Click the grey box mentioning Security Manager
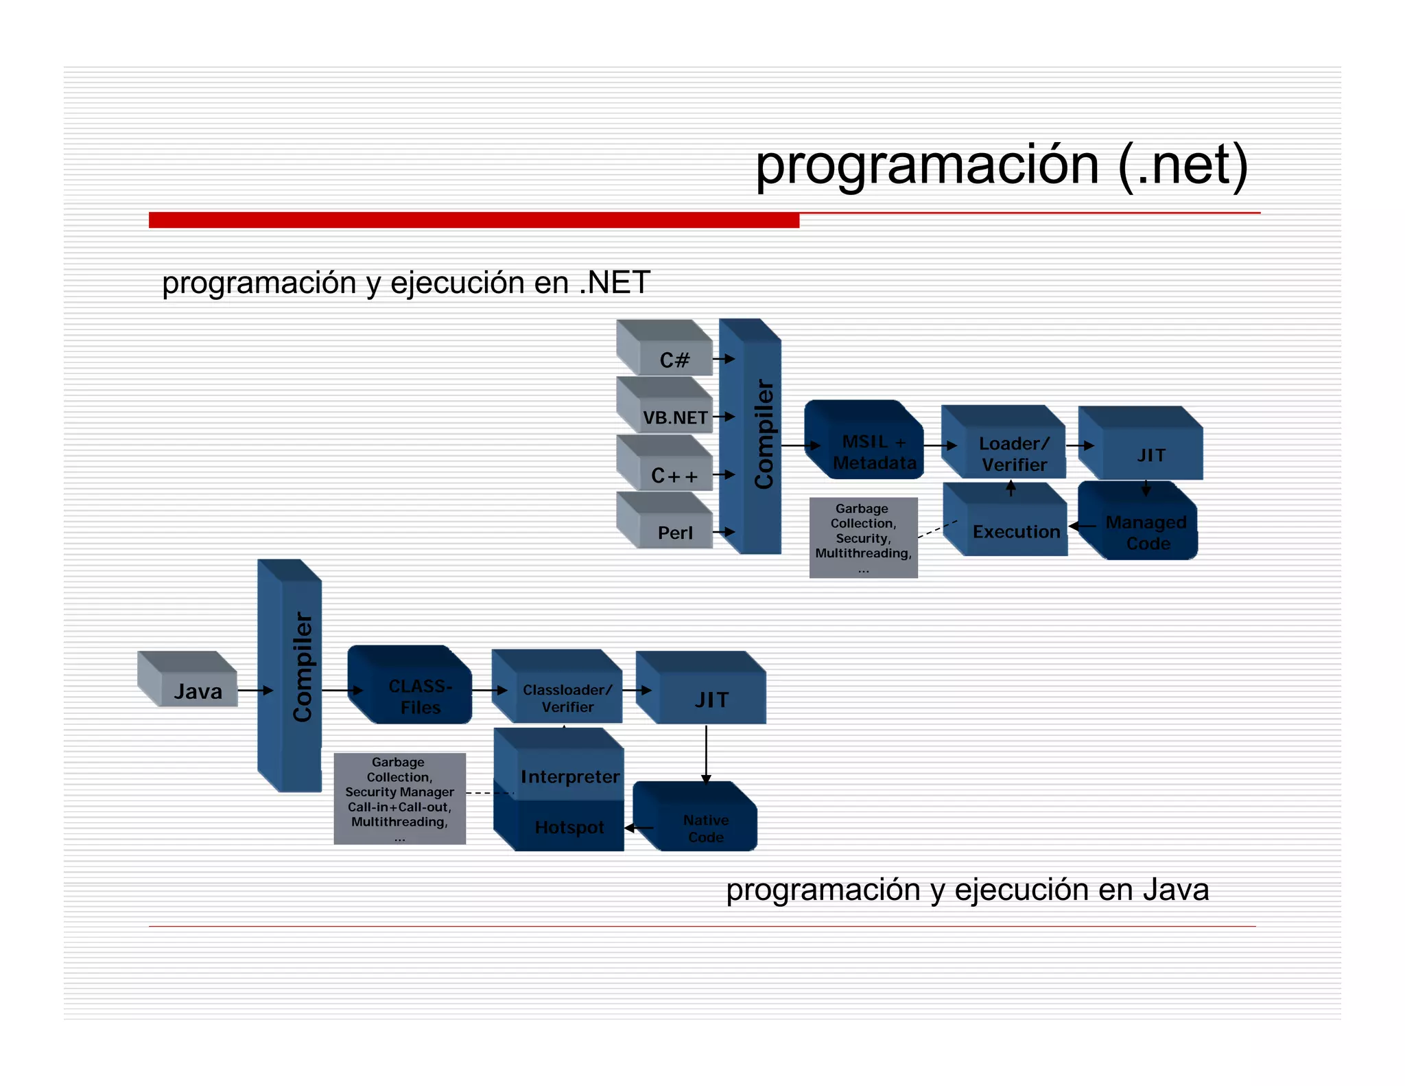tap(399, 798)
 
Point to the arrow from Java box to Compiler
tap(255, 690)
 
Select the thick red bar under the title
tap(473, 220)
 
